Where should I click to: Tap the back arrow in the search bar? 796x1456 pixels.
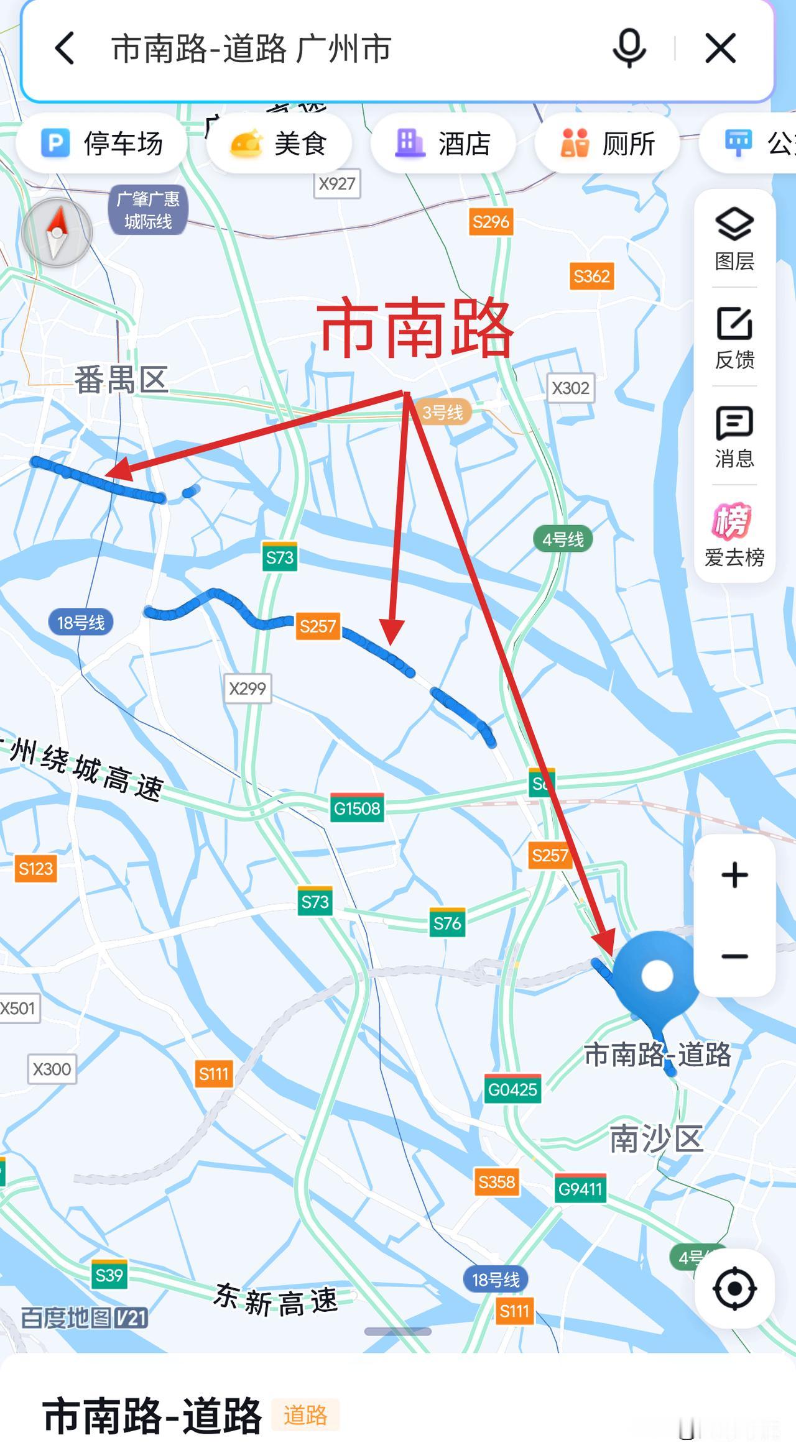pos(65,48)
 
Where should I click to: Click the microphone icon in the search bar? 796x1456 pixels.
pos(629,48)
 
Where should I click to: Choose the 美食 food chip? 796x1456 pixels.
pos(279,144)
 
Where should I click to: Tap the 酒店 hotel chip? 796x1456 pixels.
pos(443,144)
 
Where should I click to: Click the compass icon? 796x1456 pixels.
pos(57,232)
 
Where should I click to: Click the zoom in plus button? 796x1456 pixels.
pos(734,875)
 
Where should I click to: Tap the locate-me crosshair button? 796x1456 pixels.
pos(734,1288)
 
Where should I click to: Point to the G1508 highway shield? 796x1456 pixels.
pos(357,808)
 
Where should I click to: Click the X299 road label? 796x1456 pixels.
pos(248,689)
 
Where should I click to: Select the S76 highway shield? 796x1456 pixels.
pos(448,923)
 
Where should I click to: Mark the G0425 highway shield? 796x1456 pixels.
pos(512,1089)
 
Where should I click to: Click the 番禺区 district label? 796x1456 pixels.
pos(122,380)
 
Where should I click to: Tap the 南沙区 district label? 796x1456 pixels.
pos(656,1138)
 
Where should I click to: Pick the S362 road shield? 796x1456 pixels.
pos(591,276)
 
